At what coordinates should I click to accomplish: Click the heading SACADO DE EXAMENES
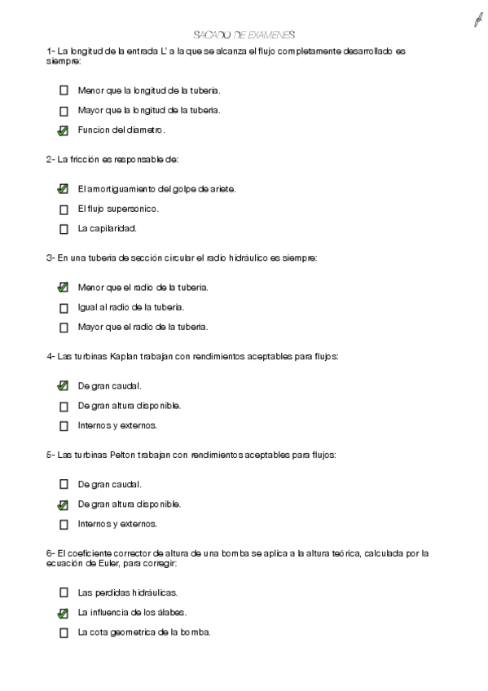coord(244,35)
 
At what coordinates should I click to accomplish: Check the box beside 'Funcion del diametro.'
coord(64,130)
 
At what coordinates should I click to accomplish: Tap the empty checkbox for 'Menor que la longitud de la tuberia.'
coord(64,91)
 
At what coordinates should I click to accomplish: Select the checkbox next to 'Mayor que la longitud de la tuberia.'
coord(64,111)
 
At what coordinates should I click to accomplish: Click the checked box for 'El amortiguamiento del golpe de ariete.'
coord(64,189)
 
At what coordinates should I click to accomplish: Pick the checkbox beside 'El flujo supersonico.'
coord(64,209)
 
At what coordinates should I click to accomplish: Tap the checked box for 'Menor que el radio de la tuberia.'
coord(64,288)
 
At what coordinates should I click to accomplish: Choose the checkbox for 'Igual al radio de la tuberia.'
coord(64,308)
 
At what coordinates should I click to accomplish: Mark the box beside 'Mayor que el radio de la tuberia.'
coord(64,328)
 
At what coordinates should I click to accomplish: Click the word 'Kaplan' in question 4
coord(125,356)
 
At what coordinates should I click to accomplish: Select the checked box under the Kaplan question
coord(64,386)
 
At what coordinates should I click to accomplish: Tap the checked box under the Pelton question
coord(64,504)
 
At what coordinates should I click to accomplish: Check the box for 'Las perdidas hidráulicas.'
coord(64,593)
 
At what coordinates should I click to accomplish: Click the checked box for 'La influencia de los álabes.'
coord(64,613)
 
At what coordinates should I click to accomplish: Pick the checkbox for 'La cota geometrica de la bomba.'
coord(64,632)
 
